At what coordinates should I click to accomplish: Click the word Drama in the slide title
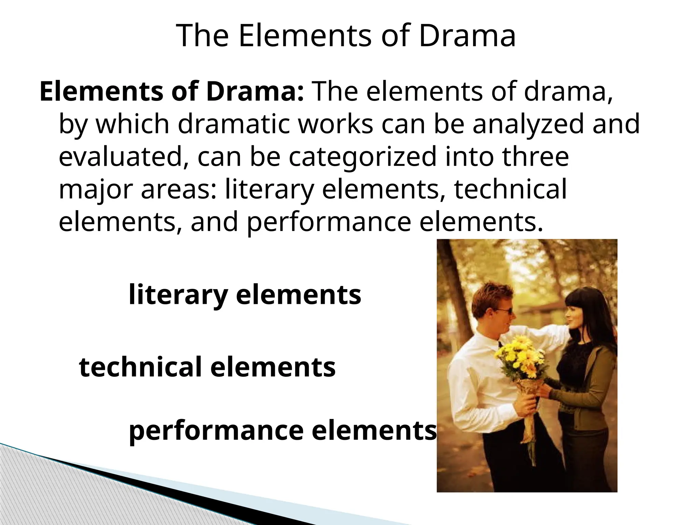click(467, 36)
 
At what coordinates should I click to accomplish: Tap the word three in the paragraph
click(535, 156)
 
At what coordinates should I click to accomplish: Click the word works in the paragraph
click(336, 124)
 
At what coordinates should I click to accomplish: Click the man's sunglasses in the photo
click(504, 311)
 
